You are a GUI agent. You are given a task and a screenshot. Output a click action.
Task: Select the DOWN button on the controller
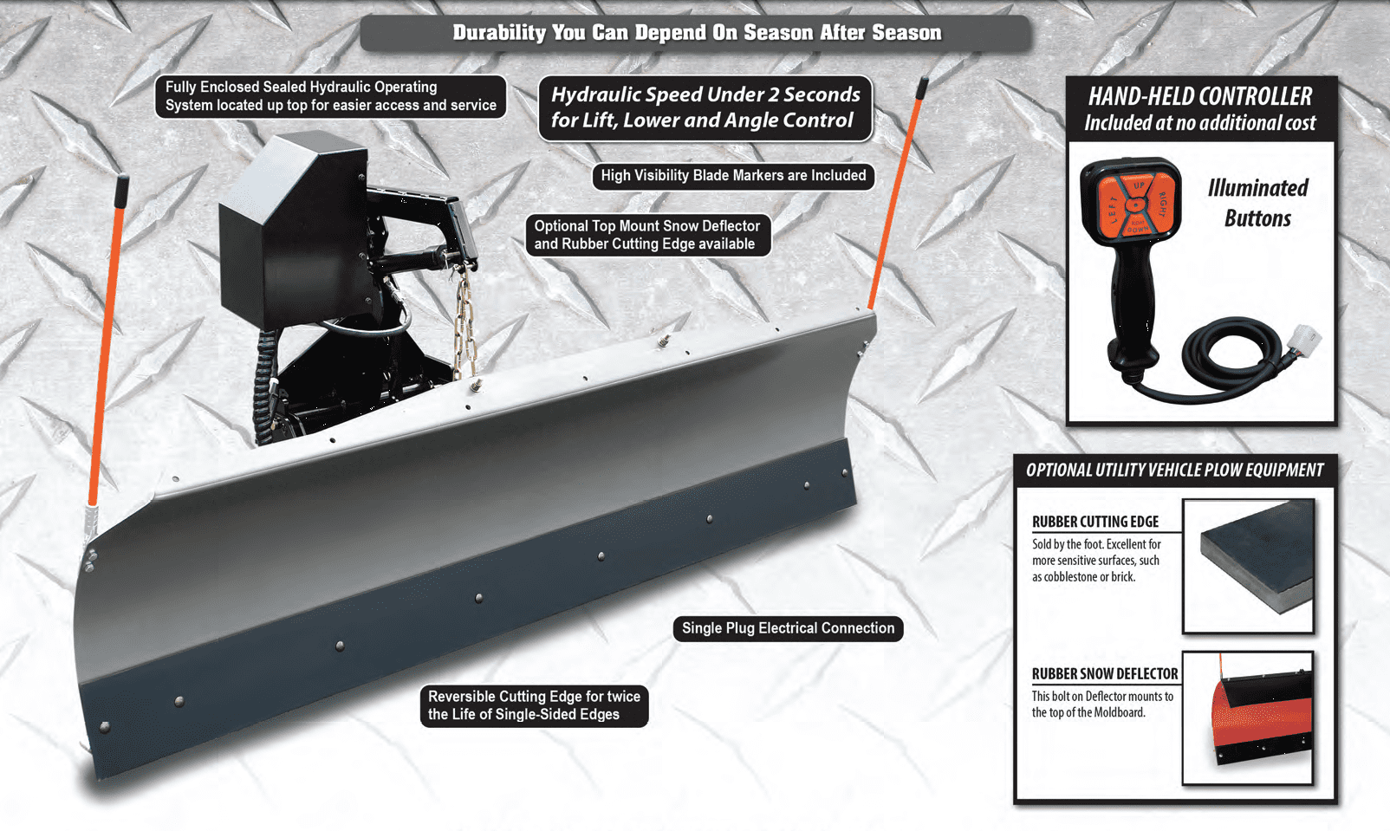tap(1138, 226)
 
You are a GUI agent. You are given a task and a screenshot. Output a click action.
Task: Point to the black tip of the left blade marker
tap(122, 192)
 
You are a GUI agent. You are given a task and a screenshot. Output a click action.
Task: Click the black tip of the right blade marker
tap(922, 88)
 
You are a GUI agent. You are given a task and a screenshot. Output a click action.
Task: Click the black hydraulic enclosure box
tap(292, 230)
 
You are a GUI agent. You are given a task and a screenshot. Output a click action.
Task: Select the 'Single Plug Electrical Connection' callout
tap(788, 628)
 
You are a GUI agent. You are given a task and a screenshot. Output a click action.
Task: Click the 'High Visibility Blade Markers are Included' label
tap(733, 176)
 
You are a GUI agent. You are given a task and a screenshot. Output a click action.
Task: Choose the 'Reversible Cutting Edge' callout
tap(535, 705)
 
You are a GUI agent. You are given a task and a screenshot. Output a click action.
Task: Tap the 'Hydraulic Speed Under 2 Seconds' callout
tap(705, 107)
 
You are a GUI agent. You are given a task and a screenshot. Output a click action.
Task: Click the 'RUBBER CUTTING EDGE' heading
tap(1095, 522)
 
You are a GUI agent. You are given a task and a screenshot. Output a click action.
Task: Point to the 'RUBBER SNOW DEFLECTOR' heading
tap(1105, 674)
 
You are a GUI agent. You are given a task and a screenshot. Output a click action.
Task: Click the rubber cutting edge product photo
tap(1249, 566)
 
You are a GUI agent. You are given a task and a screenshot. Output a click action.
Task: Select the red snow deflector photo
tap(1248, 718)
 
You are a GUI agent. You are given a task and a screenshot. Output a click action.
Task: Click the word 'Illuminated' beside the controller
tap(1257, 187)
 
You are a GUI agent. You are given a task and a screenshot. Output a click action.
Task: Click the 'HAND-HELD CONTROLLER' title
tap(1200, 96)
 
